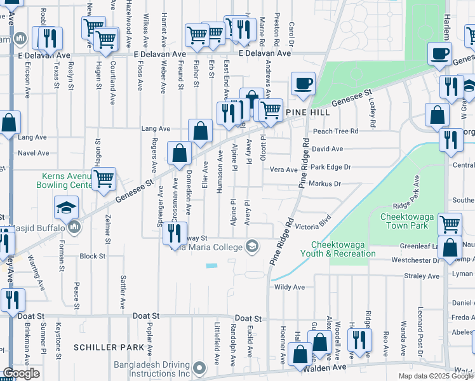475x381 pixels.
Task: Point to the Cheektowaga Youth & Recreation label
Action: click(x=343, y=250)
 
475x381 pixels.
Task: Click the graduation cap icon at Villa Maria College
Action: click(x=253, y=246)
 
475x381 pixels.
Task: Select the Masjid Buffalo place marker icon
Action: click(x=74, y=227)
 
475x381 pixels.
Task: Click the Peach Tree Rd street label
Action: click(x=335, y=131)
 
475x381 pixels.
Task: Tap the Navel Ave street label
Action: click(x=34, y=153)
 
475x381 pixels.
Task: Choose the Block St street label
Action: click(x=92, y=257)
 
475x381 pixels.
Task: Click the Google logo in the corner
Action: click(x=21, y=373)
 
